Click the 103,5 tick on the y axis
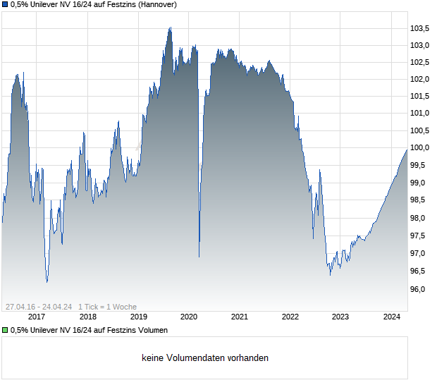420,28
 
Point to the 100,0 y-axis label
420,148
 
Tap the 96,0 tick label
420,289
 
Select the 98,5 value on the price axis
420,200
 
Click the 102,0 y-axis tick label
420,79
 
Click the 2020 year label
189,317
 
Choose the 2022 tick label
290,317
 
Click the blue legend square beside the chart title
5,5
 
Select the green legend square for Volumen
5,330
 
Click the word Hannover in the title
155,5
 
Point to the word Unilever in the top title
47,5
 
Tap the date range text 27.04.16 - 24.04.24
39,307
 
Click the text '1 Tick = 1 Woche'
107,307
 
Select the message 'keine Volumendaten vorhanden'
204,358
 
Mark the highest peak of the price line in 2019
170,28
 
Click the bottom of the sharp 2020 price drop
199,257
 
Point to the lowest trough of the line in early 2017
47,282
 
